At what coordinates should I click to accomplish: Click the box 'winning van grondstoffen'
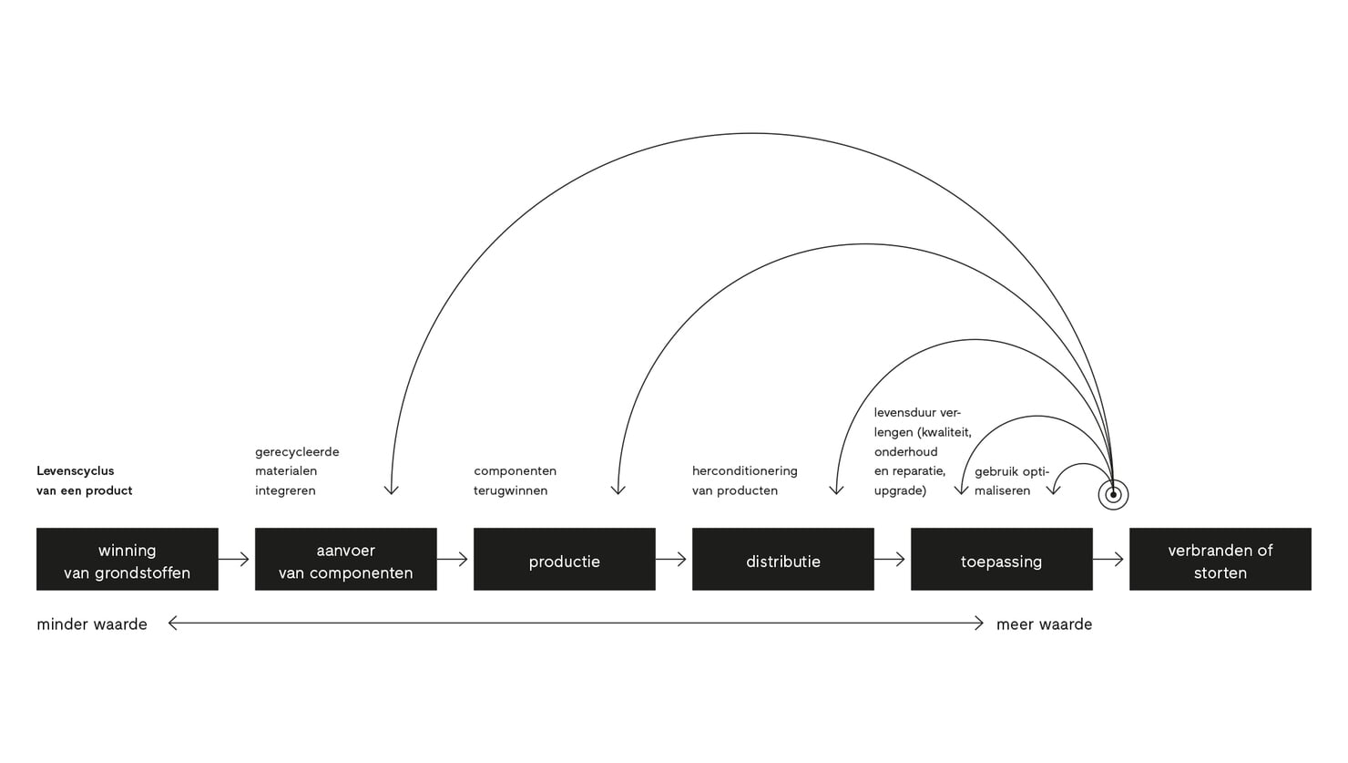[x=127, y=560]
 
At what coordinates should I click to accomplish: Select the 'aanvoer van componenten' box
[x=345, y=560]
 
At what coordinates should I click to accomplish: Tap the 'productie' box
[x=564, y=560]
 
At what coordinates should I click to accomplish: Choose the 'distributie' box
[x=782, y=560]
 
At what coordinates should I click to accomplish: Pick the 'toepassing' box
[x=1001, y=560]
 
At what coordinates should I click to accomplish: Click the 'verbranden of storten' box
[x=1220, y=560]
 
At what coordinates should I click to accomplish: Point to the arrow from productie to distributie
[x=672, y=560]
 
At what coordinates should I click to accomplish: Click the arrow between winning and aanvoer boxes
[x=235, y=560]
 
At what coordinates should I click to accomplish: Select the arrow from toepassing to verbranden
[x=1109, y=560]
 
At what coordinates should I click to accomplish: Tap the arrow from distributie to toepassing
[x=891, y=560]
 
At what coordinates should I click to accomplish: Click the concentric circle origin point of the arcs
[x=1113, y=495]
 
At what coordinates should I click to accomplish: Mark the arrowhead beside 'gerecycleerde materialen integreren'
[x=392, y=490]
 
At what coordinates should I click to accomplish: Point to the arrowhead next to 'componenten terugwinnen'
[x=618, y=490]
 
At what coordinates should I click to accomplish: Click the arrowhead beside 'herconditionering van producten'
[x=836, y=490]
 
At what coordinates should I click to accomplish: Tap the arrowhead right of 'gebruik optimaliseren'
[x=1054, y=490]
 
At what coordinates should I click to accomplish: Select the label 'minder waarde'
[x=92, y=624]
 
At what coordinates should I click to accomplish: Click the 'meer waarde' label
[x=1044, y=624]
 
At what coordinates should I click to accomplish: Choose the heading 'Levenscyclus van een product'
[x=84, y=480]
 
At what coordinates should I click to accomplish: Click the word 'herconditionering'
[x=744, y=471]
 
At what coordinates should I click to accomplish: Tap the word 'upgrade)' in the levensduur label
[x=900, y=490]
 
